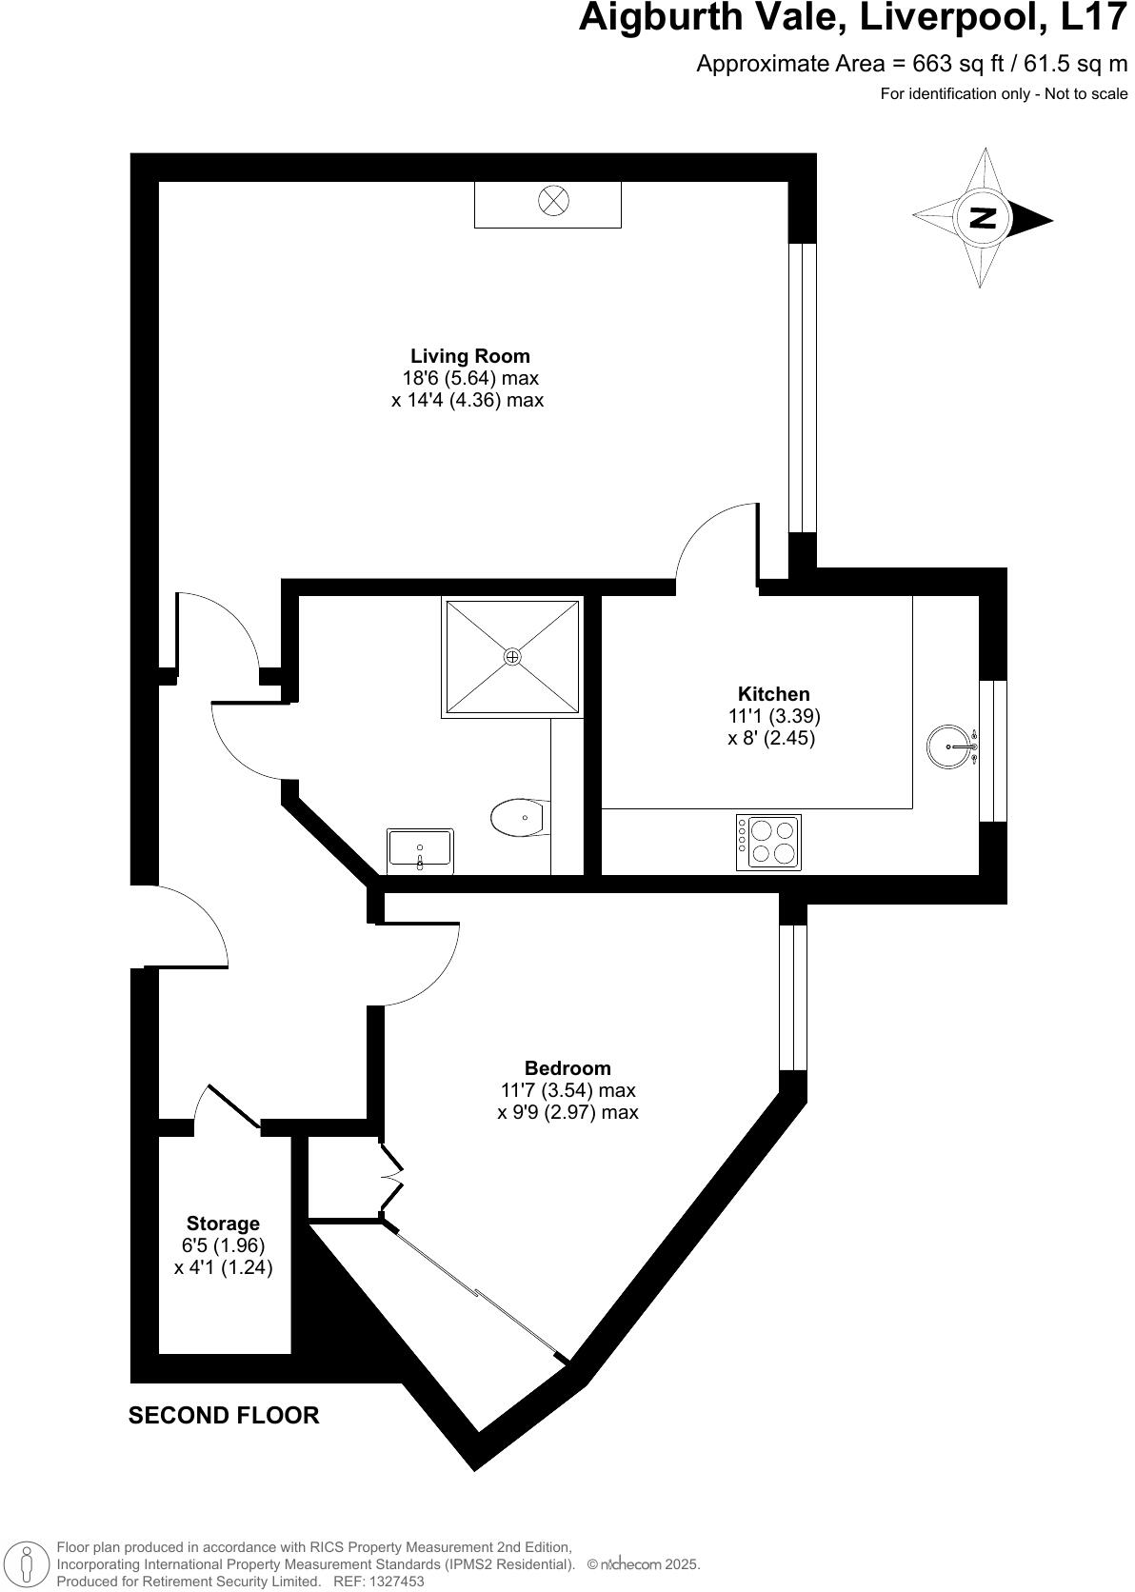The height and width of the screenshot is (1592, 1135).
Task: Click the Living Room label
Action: point(469,356)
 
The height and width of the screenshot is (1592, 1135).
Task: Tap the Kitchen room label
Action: point(773,694)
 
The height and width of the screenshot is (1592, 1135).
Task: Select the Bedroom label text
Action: point(567,1068)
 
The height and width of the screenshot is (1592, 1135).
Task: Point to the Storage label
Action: point(223,1224)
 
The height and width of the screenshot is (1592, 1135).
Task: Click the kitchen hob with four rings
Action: point(768,842)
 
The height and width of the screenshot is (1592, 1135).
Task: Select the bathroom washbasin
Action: point(420,849)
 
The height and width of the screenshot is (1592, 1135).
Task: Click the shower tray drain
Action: point(512,657)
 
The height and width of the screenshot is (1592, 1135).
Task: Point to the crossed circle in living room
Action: point(552,201)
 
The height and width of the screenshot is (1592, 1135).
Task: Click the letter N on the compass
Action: point(982,218)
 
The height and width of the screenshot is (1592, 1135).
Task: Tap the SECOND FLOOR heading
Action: point(224,1416)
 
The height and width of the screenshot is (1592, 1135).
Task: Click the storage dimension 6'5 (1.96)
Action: point(223,1245)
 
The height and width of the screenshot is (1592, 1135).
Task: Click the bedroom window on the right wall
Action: point(792,998)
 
